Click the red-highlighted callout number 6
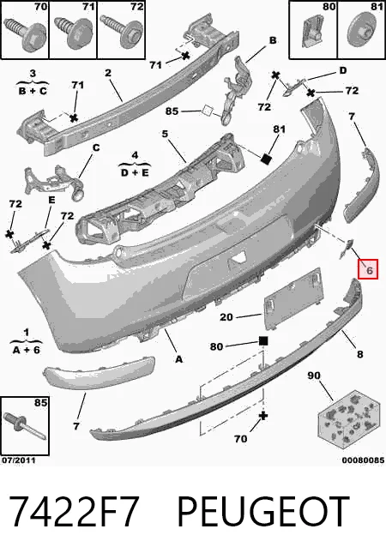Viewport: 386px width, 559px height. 369,270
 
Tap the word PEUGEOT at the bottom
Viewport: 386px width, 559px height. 263,511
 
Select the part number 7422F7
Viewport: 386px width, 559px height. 73,511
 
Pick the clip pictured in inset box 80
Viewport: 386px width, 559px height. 311,33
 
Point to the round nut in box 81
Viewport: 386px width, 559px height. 361,31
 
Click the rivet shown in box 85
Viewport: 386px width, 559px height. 23,426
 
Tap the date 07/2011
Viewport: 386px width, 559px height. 19,460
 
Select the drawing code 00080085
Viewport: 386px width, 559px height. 363,460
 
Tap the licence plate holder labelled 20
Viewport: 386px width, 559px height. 293,298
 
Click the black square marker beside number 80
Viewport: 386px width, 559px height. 263,341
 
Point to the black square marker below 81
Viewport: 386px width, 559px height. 267,159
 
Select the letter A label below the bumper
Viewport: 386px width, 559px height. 178,358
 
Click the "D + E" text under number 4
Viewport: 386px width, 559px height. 135,172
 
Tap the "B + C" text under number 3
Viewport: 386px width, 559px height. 33,91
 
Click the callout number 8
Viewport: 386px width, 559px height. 360,353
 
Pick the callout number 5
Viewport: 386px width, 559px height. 165,134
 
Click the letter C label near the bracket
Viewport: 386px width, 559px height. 96,147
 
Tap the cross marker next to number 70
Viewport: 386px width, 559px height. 263,416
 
